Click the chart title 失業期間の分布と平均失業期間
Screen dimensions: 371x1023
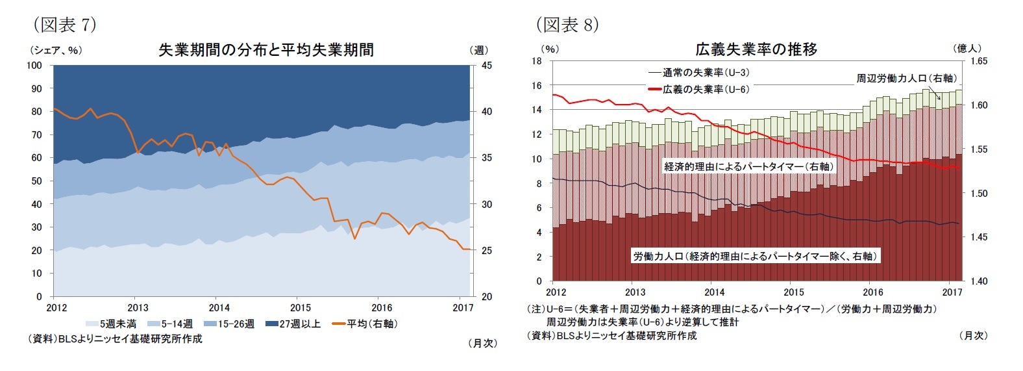click(266, 50)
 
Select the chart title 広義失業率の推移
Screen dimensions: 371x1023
click(756, 49)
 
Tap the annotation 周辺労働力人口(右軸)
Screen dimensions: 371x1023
click(906, 78)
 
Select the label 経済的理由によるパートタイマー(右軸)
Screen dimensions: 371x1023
click(748, 166)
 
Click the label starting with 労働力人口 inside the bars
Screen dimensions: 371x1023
click(756, 256)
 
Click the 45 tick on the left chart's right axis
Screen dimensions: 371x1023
click(487, 65)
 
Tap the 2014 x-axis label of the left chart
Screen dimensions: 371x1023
click(219, 308)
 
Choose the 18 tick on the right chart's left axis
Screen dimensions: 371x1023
click(537, 61)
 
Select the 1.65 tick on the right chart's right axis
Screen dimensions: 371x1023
click(978, 61)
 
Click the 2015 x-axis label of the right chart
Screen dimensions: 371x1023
click(794, 292)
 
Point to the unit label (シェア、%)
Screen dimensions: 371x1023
click(55, 50)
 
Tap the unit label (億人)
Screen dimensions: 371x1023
click(967, 48)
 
